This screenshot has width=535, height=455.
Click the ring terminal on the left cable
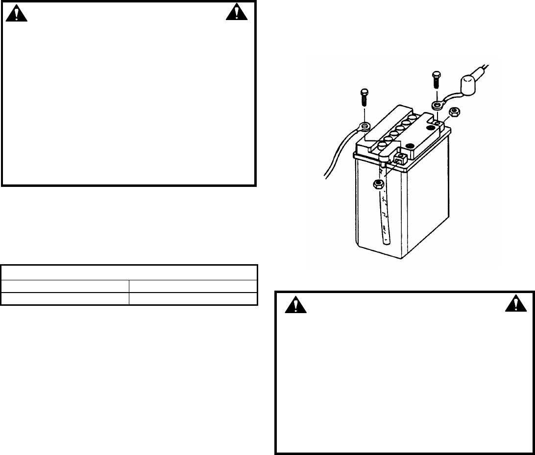(x=364, y=127)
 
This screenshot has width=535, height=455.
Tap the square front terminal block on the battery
(x=399, y=158)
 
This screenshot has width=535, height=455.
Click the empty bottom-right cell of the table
(x=193, y=299)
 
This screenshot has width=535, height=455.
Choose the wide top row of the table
(x=129, y=272)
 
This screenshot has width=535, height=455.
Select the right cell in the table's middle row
(x=193, y=286)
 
